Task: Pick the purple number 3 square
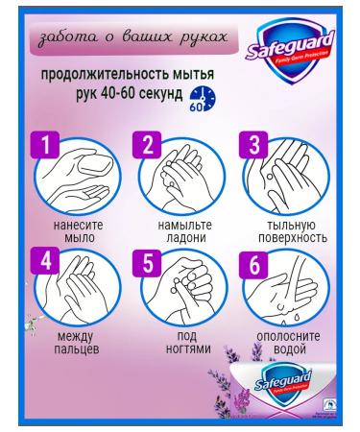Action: coord(252,145)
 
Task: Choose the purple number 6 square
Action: coord(252,263)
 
